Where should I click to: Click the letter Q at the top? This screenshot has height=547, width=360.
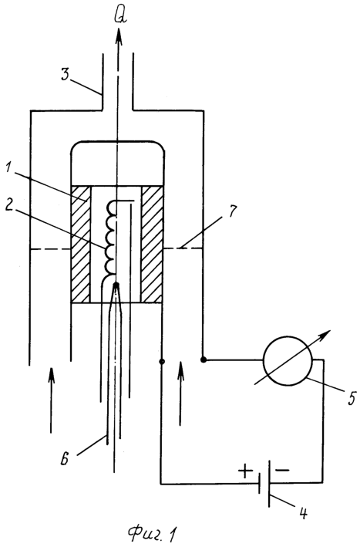click(120, 15)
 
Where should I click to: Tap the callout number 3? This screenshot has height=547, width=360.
click(66, 74)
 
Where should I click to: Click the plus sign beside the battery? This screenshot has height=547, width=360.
click(245, 471)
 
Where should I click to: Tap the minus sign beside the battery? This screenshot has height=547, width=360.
click(282, 471)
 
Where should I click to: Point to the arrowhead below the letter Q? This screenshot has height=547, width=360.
click(119, 35)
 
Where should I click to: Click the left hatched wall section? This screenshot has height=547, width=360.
click(80, 244)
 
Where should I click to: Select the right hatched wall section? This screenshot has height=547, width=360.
click(152, 244)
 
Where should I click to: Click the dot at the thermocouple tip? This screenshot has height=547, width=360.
click(116, 285)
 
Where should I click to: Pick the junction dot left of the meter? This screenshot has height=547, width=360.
click(204, 360)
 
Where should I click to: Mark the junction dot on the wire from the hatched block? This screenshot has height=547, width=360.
click(161, 361)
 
